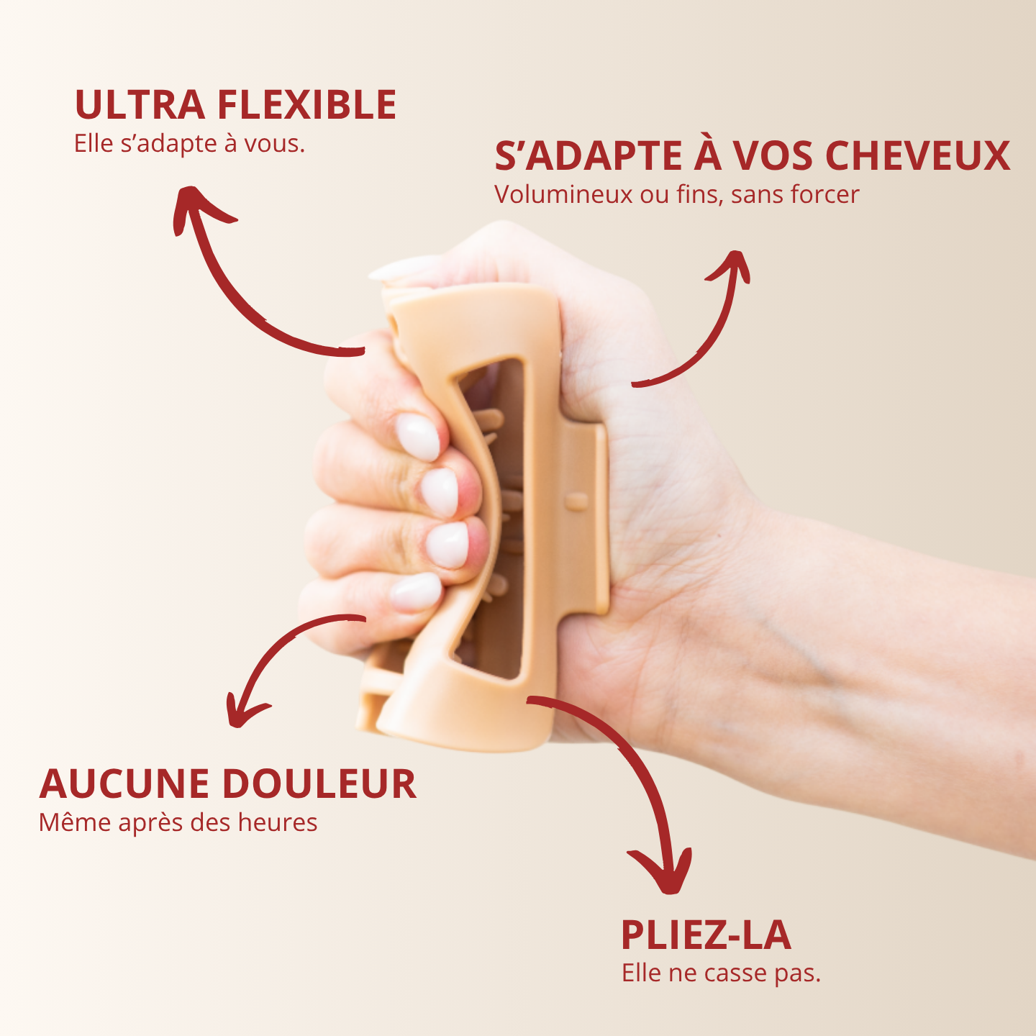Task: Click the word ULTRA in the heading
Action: tap(140, 104)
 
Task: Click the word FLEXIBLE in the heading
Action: tap(307, 104)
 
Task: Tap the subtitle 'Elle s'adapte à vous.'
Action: tap(189, 144)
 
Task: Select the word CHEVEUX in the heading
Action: tap(917, 156)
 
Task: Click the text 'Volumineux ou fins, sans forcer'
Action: tap(676, 195)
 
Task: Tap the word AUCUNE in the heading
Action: tap(124, 784)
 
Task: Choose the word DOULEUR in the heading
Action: tap(319, 784)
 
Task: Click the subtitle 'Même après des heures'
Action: tap(178, 822)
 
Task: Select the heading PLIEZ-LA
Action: tap(706, 936)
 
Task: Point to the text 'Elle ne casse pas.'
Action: tap(721, 973)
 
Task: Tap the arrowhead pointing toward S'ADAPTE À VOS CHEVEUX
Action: tap(731, 265)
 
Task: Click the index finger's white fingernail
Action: tap(418, 436)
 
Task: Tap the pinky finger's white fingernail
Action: tap(416, 591)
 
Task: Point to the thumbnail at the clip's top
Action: tap(403, 268)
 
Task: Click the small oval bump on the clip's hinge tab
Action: tap(577, 501)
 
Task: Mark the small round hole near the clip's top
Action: tap(395, 324)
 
